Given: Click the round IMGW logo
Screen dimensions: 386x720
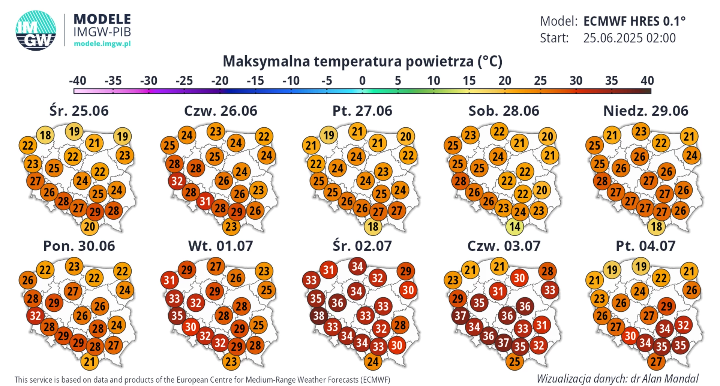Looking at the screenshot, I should click(x=36, y=30).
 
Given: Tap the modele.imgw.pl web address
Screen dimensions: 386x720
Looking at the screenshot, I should click(x=102, y=44).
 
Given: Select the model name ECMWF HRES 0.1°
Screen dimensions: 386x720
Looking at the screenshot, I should click(x=634, y=21).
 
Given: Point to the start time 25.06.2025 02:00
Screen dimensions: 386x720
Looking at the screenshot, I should click(x=629, y=38).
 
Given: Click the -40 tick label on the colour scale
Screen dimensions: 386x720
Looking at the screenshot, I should click(x=78, y=81).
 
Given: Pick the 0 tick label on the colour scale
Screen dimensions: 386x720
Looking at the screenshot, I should click(x=362, y=81).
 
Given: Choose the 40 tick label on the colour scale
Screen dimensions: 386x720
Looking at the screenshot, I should click(x=647, y=81).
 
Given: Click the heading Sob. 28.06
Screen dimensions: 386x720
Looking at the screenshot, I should click(x=504, y=111).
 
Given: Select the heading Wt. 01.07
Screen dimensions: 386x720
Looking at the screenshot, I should click(x=220, y=246).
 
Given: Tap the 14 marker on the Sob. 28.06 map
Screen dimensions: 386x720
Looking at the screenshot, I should click(x=514, y=226).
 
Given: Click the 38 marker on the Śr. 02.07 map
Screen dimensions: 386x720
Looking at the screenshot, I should click(x=319, y=316).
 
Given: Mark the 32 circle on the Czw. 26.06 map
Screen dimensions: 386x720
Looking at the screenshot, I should click(x=177, y=181).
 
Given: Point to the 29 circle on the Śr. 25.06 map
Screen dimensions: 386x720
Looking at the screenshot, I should click(x=95, y=212).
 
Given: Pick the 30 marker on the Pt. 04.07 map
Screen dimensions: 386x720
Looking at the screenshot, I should click(x=630, y=336).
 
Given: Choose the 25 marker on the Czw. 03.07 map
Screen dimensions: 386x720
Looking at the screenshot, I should click(x=514, y=362).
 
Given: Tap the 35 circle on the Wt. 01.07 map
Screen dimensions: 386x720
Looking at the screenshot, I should click(x=177, y=316).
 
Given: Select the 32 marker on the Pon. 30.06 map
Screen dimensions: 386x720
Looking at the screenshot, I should click(x=35, y=316).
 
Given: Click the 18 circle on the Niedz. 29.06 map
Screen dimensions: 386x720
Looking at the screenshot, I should click(x=656, y=226).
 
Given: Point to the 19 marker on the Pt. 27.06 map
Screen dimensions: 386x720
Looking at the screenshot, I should click(x=329, y=135).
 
